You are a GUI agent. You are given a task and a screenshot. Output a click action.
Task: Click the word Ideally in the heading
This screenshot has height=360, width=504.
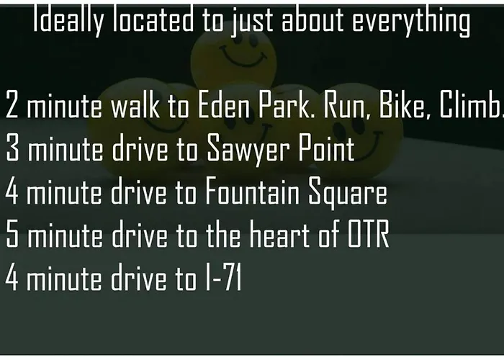coord(68,20)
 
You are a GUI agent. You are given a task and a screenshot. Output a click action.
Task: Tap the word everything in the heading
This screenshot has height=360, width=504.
coord(411,21)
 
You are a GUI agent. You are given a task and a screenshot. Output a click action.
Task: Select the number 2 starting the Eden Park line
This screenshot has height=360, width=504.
coord(12,104)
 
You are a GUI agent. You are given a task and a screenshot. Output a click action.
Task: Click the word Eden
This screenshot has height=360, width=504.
coord(224,104)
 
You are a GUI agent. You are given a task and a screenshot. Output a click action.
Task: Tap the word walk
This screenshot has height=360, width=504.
coord(135,104)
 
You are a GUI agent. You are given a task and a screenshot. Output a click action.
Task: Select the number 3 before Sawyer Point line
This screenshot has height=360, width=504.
coord(12,148)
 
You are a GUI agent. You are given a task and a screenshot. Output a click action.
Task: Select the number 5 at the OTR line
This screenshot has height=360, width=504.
coord(12,234)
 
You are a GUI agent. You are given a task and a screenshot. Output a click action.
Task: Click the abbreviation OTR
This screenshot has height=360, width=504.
coord(369,234)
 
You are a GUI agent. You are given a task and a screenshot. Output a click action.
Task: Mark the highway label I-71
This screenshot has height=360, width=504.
coord(223,277)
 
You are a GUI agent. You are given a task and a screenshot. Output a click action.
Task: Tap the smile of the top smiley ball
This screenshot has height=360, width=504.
coord(243,57)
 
